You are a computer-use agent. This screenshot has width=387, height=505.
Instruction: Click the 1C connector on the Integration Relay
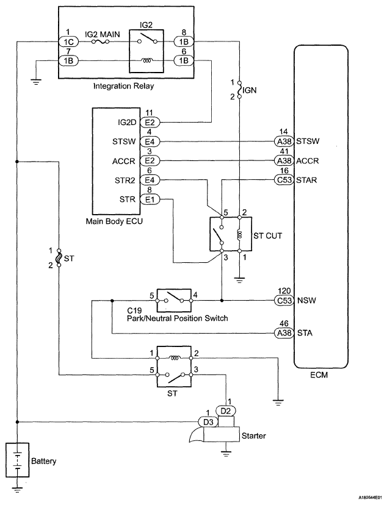tap(68, 41)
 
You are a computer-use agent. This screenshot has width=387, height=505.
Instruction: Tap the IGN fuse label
tap(250, 90)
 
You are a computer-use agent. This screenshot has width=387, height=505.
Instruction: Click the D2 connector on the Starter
tap(226, 411)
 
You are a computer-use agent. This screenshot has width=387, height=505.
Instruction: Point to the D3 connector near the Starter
tap(209, 422)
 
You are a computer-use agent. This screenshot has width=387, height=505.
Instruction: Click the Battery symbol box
tap(18, 460)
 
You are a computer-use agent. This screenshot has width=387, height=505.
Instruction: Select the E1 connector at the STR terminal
tap(150, 199)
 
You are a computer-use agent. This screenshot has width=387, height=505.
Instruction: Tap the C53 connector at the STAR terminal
tap(284, 180)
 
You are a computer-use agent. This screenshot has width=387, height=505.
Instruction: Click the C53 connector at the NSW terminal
tap(284, 301)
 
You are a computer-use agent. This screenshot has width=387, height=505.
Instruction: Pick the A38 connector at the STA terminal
tap(284, 332)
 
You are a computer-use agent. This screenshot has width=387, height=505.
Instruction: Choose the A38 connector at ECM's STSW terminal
tap(284, 141)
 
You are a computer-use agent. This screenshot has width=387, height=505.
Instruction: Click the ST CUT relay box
tap(230, 234)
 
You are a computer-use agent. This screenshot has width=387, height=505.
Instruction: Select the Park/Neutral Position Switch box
tap(174, 301)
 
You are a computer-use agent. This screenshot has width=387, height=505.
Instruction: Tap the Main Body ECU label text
tap(114, 221)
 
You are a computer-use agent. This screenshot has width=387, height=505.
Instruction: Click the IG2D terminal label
tap(127, 123)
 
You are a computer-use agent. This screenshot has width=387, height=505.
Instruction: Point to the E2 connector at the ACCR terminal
tap(150, 161)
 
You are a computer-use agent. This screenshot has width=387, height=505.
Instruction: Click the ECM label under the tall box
tap(319, 375)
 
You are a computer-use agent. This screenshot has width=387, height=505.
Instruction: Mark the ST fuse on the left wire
tap(59, 257)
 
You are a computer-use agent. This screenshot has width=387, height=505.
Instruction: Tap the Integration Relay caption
tap(123, 87)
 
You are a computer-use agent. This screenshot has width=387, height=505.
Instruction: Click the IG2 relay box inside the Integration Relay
tap(146, 50)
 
